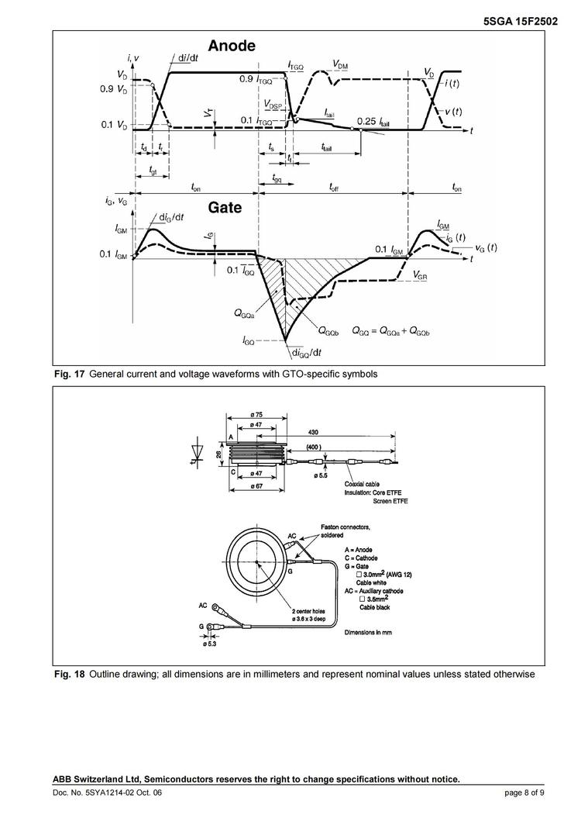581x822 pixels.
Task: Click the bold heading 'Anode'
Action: tap(231, 47)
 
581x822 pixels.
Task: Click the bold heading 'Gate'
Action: tap(225, 208)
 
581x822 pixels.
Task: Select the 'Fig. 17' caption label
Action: tap(69, 375)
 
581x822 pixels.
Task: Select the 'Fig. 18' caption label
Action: tap(69, 674)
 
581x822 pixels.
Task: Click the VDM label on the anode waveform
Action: tap(340, 64)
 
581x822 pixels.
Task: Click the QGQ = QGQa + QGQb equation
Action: tap(390, 330)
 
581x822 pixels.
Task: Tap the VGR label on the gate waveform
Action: tap(422, 275)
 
